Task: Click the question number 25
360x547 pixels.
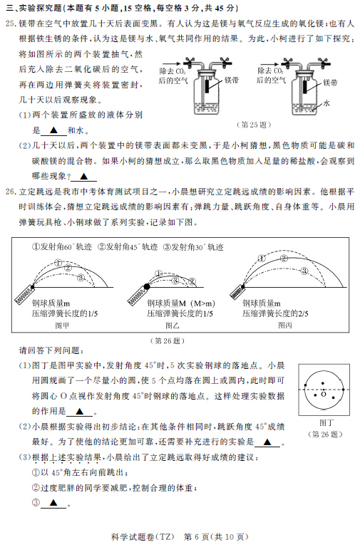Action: click(11, 24)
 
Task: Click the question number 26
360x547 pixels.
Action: click(11, 192)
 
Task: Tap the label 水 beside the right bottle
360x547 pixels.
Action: click(326, 103)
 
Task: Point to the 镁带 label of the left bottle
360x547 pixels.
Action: click(232, 80)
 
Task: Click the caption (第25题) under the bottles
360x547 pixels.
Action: click(254, 125)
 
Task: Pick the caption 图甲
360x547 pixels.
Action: click(62, 325)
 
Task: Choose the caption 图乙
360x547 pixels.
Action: click(172, 325)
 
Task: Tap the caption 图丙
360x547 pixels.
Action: click(285, 325)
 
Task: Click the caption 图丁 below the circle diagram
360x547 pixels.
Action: click(326, 423)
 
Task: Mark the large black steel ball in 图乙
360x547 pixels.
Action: click(147, 286)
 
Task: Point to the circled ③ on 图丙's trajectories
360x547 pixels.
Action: click(304, 271)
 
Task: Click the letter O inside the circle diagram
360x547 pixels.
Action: click(324, 394)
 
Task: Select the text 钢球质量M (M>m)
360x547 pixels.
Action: click(181, 303)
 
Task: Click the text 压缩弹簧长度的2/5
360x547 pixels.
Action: click(275, 313)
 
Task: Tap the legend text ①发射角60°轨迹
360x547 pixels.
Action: click(62, 247)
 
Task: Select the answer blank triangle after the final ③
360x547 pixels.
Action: click(53, 503)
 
